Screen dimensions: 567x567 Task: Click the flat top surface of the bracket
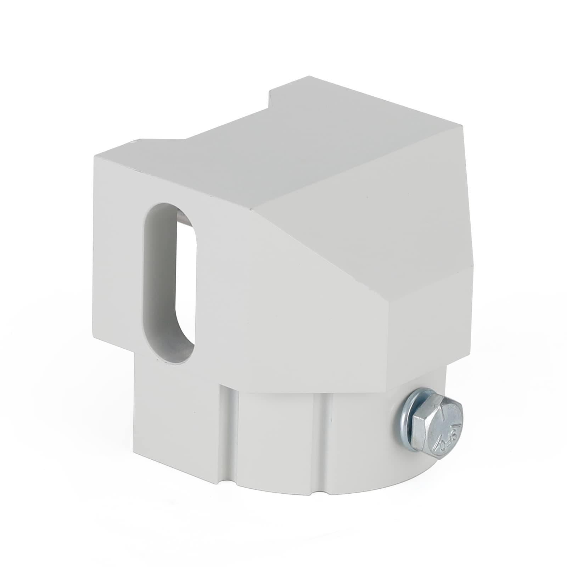[x=301, y=149]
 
